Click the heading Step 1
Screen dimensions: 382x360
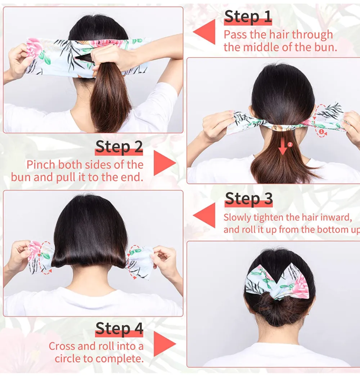pyautogui.click(x=248, y=17)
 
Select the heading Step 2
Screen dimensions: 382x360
pyautogui.click(x=119, y=147)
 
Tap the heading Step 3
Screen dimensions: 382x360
pyautogui.click(x=248, y=199)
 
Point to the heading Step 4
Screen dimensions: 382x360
pyautogui.click(x=119, y=329)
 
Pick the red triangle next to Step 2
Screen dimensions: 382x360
pyautogui.click(x=164, y=163)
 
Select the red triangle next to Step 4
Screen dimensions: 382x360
pyautogui.click(x=164, y=344)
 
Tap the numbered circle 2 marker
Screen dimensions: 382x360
pyautogui.click(x=291, y=144)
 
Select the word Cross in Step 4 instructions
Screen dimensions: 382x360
pyautogui.click(x=62, y=346)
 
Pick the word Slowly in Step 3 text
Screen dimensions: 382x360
pyautogui.click(x=237, y=218)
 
